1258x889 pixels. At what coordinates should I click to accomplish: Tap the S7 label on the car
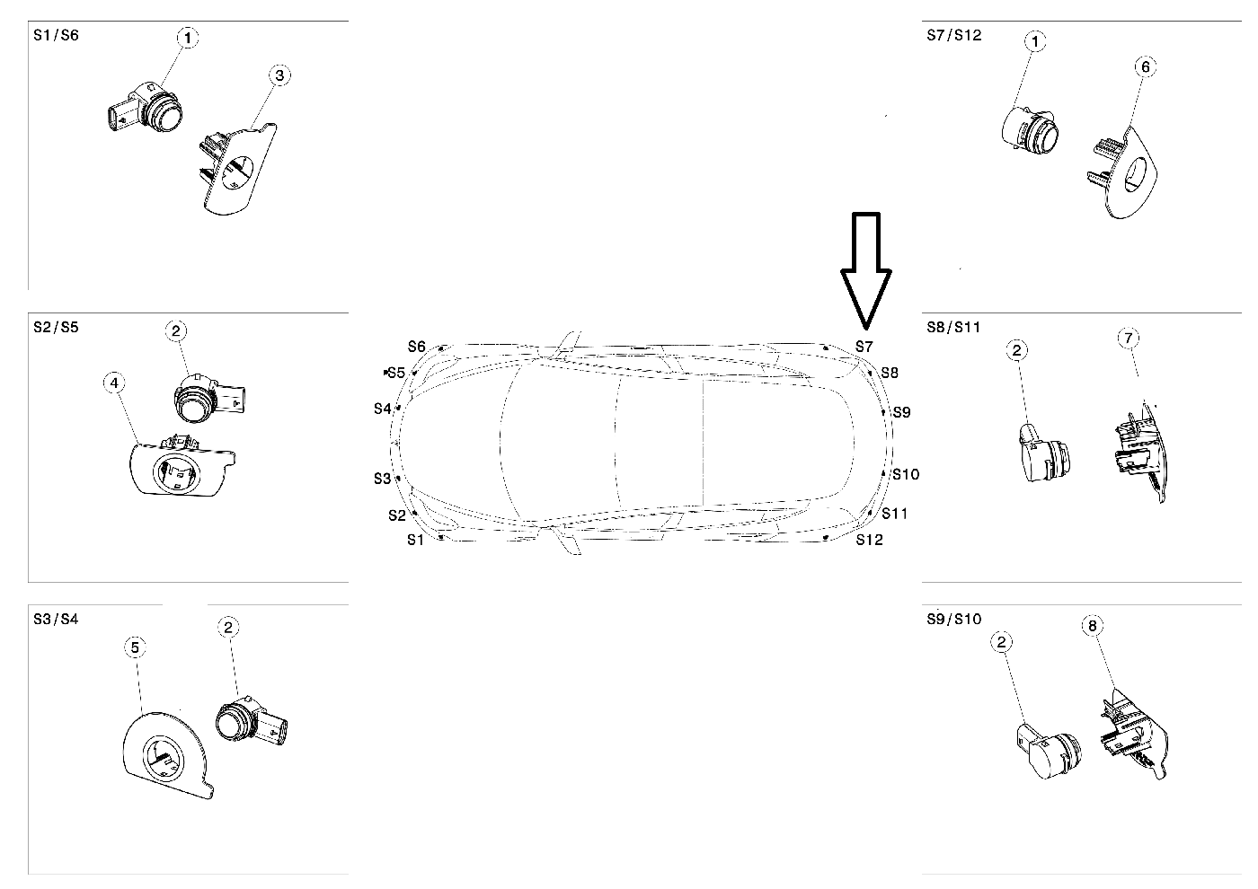click(864, 346)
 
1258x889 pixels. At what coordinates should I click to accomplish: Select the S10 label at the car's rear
click(905, 474)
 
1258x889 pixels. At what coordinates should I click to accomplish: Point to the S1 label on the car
click(414, 540)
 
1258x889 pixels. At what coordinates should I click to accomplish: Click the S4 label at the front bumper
click(383, 409)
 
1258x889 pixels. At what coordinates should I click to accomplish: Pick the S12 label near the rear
click(869, 540)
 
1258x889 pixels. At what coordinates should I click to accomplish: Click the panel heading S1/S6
click(56, 36)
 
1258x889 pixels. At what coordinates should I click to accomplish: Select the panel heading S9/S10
click(954, 619)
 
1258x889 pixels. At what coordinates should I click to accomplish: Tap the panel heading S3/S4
click(56, 619)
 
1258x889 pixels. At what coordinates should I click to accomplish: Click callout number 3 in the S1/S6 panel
click(279, 75)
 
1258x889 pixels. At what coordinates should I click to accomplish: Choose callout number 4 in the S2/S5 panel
click(113, 383)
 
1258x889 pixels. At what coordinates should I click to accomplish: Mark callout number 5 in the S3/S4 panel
click(135, 647)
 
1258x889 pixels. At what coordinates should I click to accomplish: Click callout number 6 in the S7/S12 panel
click(1144, 66)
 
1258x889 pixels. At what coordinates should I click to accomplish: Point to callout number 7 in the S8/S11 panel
click(1129, 338)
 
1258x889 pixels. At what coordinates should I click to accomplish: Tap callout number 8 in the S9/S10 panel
click(1094, 626)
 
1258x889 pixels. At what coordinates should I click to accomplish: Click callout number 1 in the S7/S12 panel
click(1036, 41)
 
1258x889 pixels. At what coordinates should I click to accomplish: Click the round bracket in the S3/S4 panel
click(165, 753)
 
